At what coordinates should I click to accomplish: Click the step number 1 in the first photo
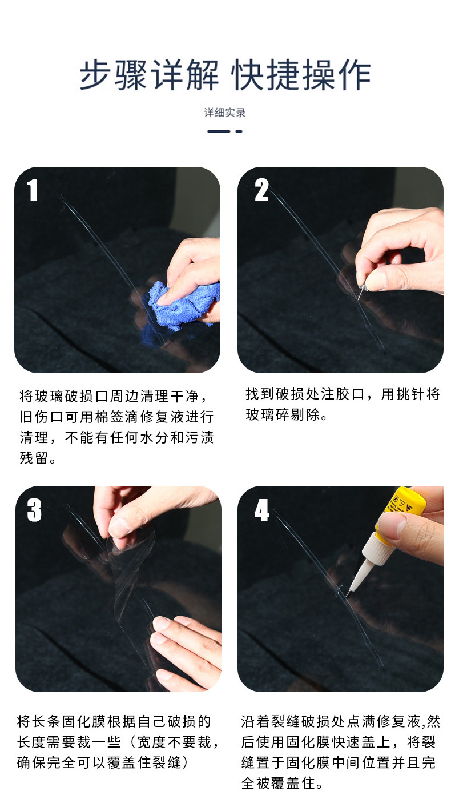click(33, 190)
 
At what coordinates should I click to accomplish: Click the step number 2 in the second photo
click(261, 190)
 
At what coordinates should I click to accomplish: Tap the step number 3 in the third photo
click(34, 510)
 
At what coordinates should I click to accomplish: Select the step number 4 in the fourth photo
click(261, 510)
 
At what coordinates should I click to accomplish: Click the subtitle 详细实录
click(225, 113)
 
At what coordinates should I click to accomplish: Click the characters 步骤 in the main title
click(113, 75)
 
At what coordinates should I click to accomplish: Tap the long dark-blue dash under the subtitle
click(219, 131)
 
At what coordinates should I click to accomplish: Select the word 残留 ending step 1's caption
click(34, 458)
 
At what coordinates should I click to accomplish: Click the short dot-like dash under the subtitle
click(239, 131)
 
